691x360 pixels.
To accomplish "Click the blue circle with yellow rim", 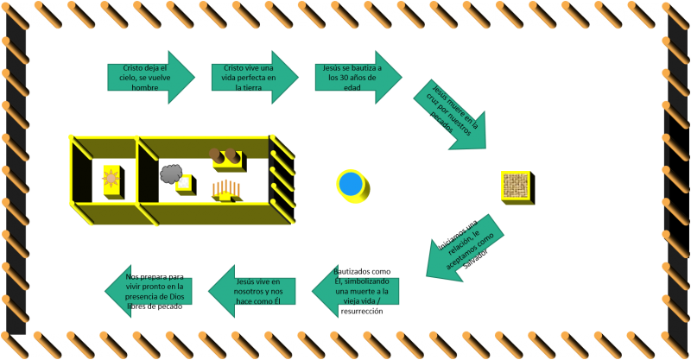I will point(351,184).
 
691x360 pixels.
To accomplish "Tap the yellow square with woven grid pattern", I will point(515,186).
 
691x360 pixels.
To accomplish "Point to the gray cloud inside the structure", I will point(171,174).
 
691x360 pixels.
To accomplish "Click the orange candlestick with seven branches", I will point(225,188).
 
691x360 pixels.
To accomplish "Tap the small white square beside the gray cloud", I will point(183,183).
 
